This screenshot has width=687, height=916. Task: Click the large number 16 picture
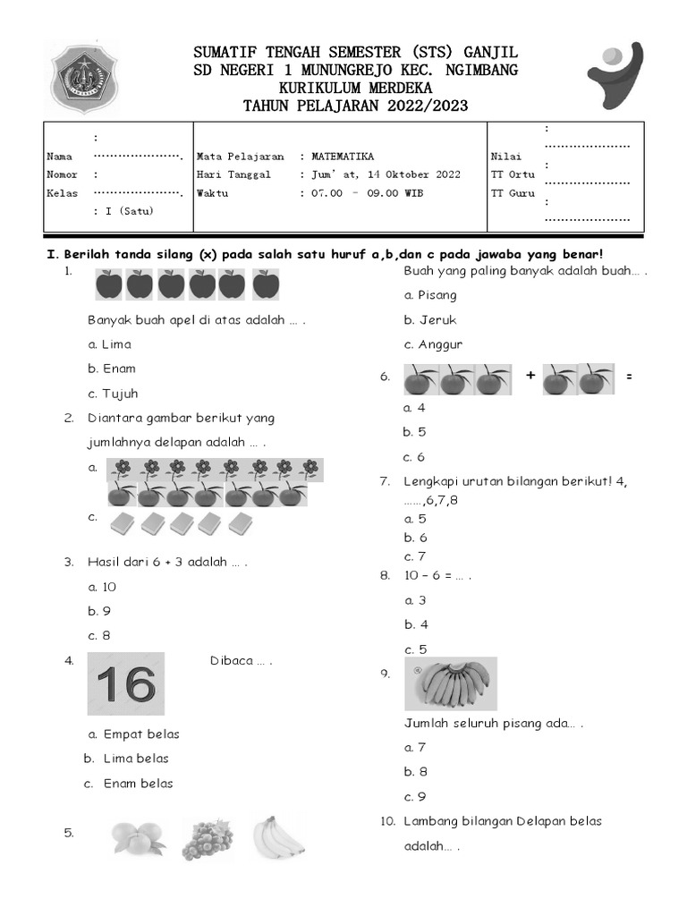coord(126,684)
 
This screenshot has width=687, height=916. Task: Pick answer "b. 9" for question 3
coord(99,612)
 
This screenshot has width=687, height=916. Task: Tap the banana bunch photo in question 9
coord(451,684)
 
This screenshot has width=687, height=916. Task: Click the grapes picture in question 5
coord(208,839)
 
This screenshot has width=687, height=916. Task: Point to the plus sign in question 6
coord(530,377)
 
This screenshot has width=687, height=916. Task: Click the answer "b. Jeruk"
coord(429,319)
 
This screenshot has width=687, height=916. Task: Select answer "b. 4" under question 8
coord(416,625)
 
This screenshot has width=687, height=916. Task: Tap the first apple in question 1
coord(109,285)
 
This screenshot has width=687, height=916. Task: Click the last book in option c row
coord(241,524)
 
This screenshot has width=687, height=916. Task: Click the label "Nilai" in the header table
coord(504,157)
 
